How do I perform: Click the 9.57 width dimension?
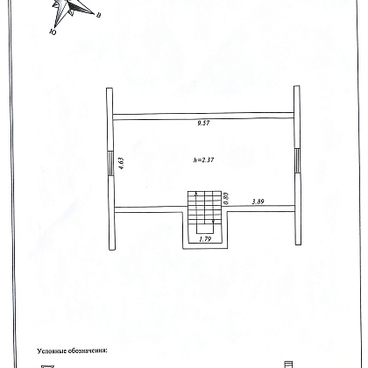[203, 123]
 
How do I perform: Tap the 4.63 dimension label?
[122, 164]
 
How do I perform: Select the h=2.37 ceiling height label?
[203, 159]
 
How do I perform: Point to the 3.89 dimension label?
[258, 202]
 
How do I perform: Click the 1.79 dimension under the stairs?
[205, 239]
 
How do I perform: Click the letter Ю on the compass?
[53, 32]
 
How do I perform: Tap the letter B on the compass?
[99, 16]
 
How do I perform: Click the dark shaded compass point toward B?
[82, 8]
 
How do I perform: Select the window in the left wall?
[110, 163]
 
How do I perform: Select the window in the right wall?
[297, 161]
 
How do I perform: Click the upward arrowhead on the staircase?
[195, 194]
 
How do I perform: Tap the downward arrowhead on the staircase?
[213, 222]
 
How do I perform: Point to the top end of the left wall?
[110, 88]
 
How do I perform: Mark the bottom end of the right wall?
[298, 244]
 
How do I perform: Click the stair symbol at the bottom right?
[288, 364]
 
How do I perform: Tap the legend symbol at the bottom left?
[47, 366]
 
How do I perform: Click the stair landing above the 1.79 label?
[204, 228]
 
